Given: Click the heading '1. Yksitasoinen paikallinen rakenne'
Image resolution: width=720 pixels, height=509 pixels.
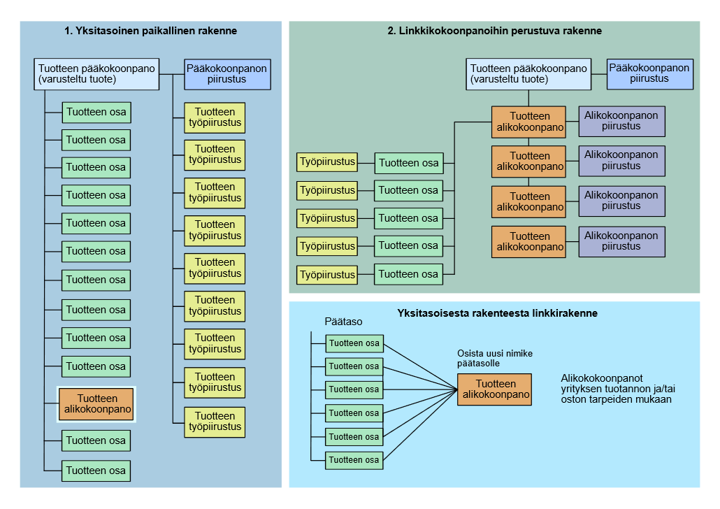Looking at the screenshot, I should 150,31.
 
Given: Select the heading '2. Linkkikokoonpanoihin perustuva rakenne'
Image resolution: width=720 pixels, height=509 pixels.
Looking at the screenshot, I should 494,31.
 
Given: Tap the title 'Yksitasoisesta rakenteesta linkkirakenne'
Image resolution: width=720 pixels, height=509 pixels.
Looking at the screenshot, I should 497,313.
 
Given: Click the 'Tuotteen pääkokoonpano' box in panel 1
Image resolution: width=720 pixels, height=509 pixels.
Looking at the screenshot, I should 97,74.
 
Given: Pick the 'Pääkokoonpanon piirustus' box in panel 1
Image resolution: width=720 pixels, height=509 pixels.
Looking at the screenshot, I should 227,74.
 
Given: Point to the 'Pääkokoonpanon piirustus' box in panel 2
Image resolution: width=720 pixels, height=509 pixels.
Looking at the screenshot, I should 649,73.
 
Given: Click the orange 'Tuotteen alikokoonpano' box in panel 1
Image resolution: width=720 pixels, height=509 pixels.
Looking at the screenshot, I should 97,404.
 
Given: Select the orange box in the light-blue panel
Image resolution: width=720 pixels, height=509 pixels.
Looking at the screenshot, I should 494,389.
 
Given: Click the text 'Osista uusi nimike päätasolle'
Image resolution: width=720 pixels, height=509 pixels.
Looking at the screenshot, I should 494,359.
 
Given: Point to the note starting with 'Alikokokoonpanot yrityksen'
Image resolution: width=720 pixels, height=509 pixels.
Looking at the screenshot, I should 616,389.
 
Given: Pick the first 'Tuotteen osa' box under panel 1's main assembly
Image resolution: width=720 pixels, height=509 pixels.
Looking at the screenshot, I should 96,113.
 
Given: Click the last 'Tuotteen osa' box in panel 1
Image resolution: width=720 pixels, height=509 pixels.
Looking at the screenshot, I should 96,471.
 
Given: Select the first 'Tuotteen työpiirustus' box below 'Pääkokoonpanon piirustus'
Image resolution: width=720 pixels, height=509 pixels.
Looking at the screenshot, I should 215,117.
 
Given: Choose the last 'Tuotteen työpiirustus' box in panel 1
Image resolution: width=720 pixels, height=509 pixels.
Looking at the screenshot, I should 215,422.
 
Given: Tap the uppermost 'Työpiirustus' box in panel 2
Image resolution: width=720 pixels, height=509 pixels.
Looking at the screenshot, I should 326,162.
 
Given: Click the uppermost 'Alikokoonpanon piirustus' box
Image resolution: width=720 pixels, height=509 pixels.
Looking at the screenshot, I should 621,122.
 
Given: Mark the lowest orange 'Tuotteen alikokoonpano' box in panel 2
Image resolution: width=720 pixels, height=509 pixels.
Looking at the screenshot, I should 529,242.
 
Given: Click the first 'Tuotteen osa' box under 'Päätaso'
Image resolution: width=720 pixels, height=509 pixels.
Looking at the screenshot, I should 354,343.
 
